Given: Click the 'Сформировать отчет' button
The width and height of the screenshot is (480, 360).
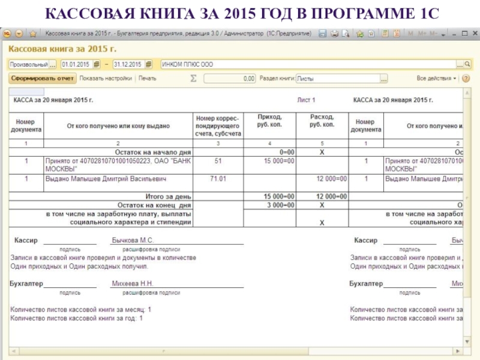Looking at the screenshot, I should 42,78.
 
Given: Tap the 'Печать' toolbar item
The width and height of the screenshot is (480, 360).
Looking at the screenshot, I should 147,78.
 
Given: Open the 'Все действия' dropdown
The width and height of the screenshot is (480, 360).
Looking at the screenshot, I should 437,78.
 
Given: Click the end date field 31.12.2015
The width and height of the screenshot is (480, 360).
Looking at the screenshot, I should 128,64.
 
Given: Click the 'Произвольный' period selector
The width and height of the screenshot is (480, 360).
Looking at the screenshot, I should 28,64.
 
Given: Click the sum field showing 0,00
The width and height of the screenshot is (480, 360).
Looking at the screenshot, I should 230,78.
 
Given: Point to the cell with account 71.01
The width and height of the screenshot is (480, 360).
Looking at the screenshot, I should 218,179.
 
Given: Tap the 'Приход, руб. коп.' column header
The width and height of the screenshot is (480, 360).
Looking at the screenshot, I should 269,121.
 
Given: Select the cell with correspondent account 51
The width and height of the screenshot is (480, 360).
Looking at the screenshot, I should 218,161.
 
